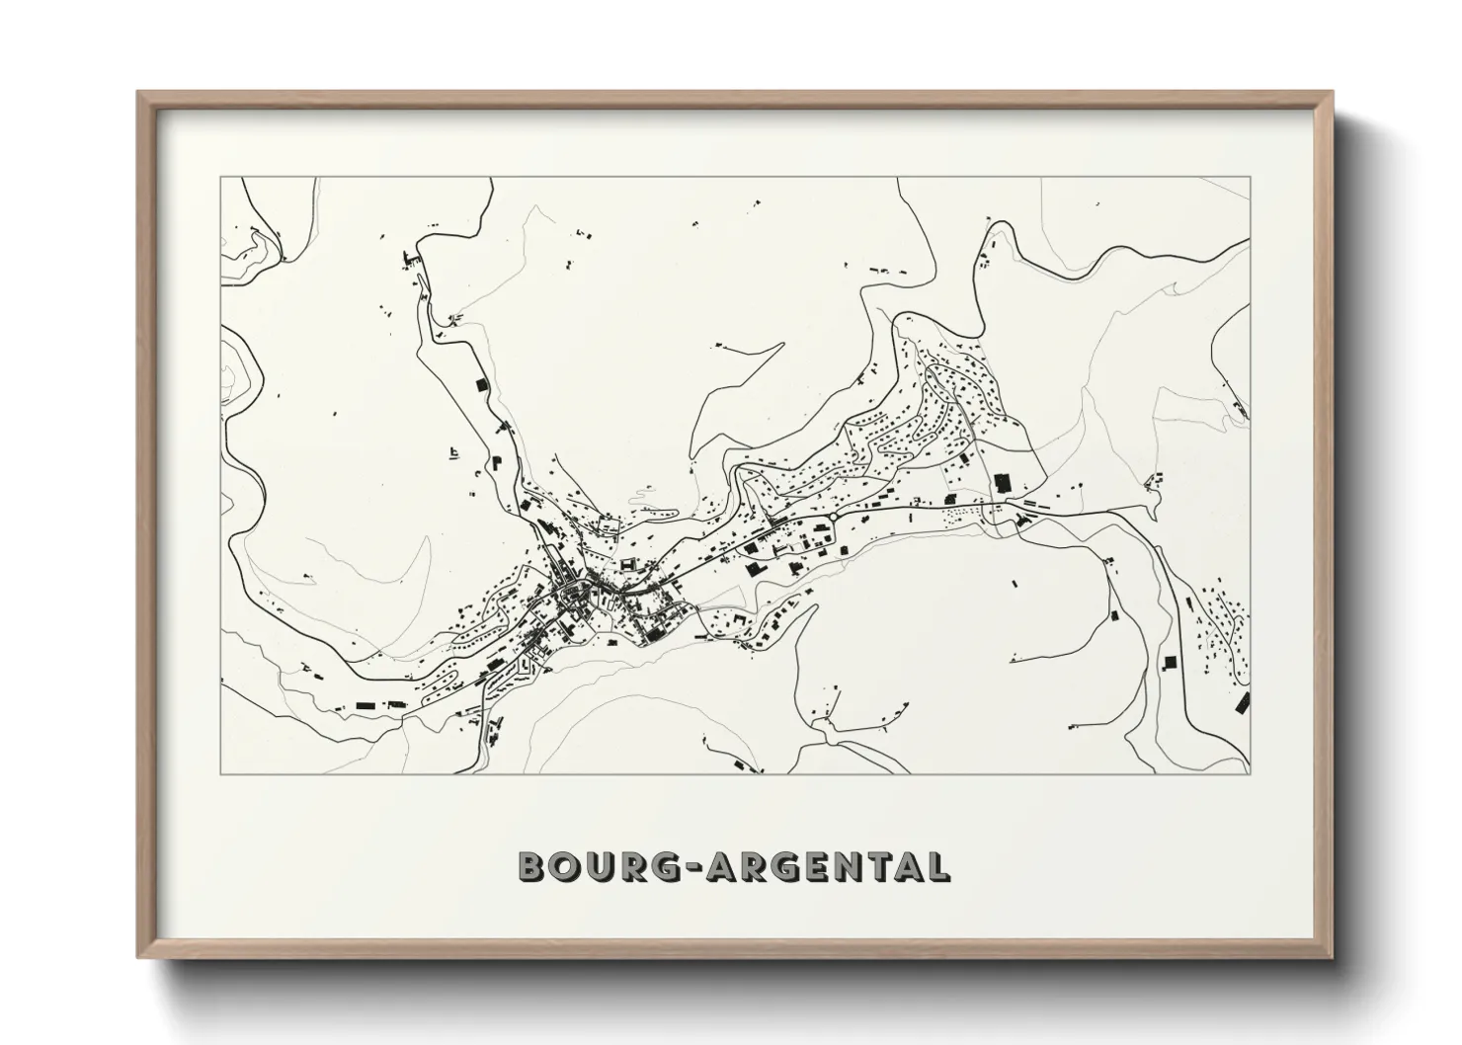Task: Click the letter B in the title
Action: [x=532, y=866]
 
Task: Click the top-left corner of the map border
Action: [x=220, y=178]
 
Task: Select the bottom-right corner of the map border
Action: [x=1250, y=773]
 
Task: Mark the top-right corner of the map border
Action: [x=1250, y=178]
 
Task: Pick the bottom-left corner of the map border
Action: [x=220, y=773]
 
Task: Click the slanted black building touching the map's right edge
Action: [x=1243, y=702]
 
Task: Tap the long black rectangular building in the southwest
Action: [x=367, y=705]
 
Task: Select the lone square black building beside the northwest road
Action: [x=483, y=384]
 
